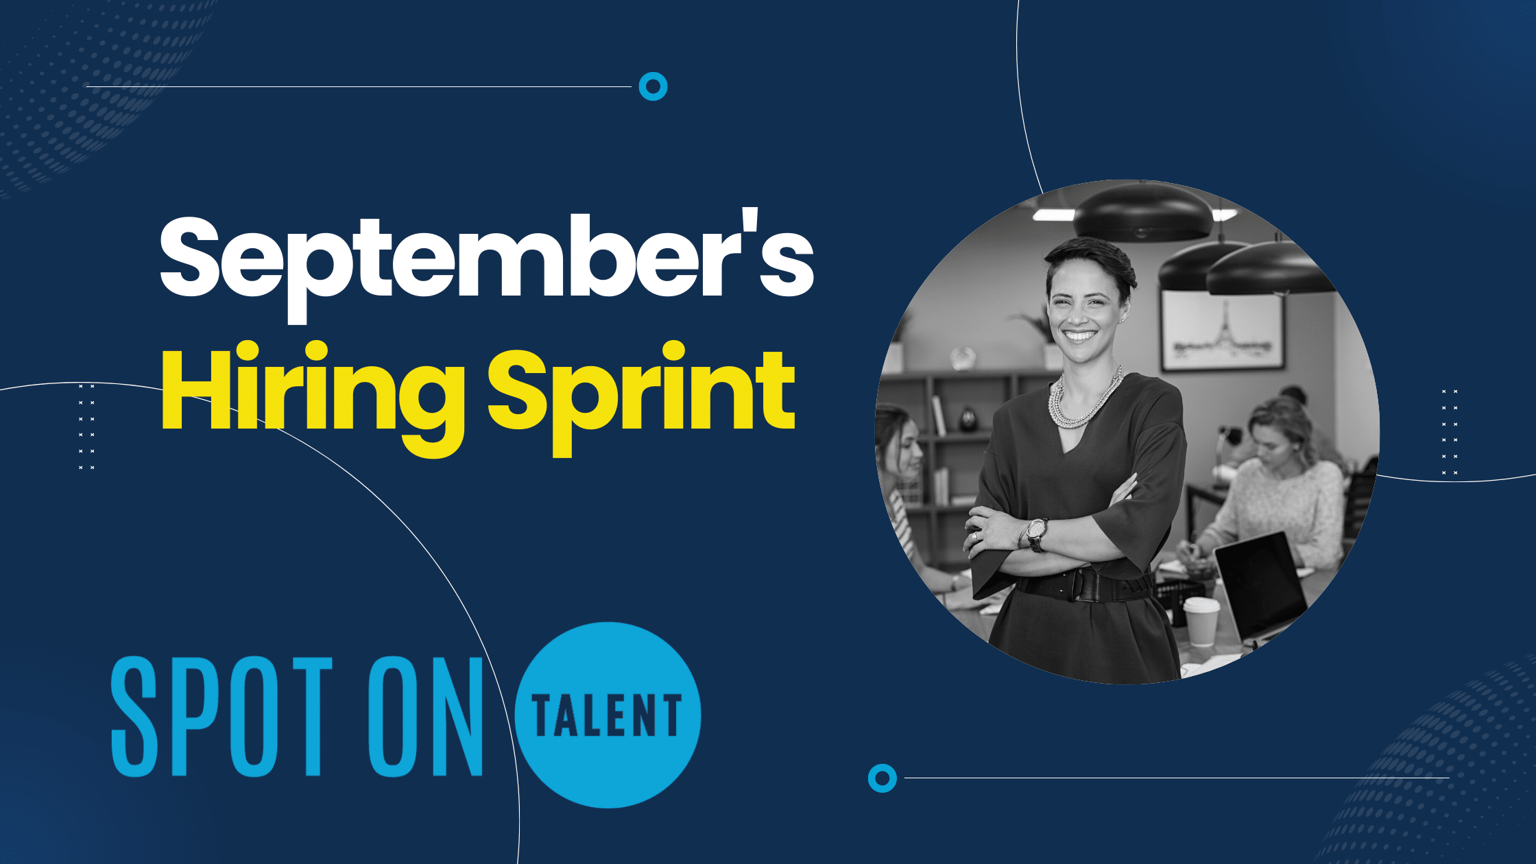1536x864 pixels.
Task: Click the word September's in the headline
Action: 487,261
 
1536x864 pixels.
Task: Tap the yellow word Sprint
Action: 641,394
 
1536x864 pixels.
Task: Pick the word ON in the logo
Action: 425,717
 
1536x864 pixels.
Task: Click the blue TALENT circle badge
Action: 608,715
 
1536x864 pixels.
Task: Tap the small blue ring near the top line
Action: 653,86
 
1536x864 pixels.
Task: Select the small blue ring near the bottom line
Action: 882,778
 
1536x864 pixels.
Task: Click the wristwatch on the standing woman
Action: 1036,533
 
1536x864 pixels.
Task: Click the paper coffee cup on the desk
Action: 1201,621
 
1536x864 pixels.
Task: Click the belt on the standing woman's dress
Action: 1083,586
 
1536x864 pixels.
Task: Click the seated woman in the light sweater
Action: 1282,494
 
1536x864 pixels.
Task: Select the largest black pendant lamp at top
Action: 1142,213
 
